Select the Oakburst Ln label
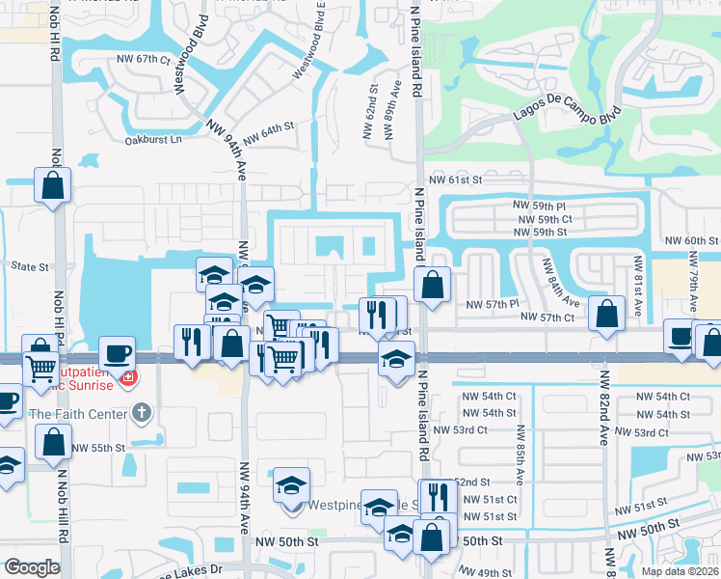[x=153, y=140]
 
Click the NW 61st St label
[x=455, y=179]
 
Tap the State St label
[x=29, y=265]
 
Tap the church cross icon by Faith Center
[x=142, y=415]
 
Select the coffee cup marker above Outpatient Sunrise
[x=118, y=352]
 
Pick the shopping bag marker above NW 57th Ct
[x=606, y=315]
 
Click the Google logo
[x=32, y=567]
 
